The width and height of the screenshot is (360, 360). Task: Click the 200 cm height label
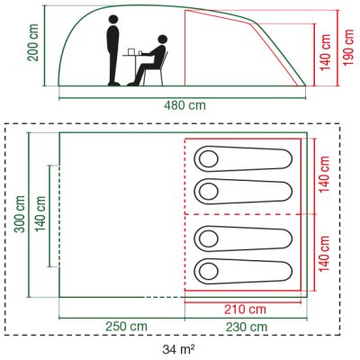click(33, 42)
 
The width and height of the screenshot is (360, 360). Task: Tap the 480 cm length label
click(185, 105)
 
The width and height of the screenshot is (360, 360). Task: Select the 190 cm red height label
click(348, 48)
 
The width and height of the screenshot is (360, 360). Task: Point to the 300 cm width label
click(21, 214)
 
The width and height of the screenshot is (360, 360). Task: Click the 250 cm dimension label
click(126, 327)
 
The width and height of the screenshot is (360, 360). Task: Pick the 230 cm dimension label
click(247, 327)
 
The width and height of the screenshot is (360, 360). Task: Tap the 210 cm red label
click(245, 309)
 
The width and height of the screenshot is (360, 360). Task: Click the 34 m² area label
click(179, 349)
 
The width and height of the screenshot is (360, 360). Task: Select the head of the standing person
click(113, 20)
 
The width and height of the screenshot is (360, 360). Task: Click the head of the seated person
click(162, 40)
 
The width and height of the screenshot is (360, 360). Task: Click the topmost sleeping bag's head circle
click(209, 158)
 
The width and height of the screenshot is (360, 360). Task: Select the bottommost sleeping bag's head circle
click(209, 272)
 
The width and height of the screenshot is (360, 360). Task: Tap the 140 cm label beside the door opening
click(40, 214)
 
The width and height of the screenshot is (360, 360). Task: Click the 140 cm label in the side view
click(326, 52)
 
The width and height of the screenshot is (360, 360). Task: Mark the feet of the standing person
click(114, 84)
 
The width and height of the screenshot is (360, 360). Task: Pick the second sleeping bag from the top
click(243, 192)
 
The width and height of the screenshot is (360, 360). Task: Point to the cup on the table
click(139, 53)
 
